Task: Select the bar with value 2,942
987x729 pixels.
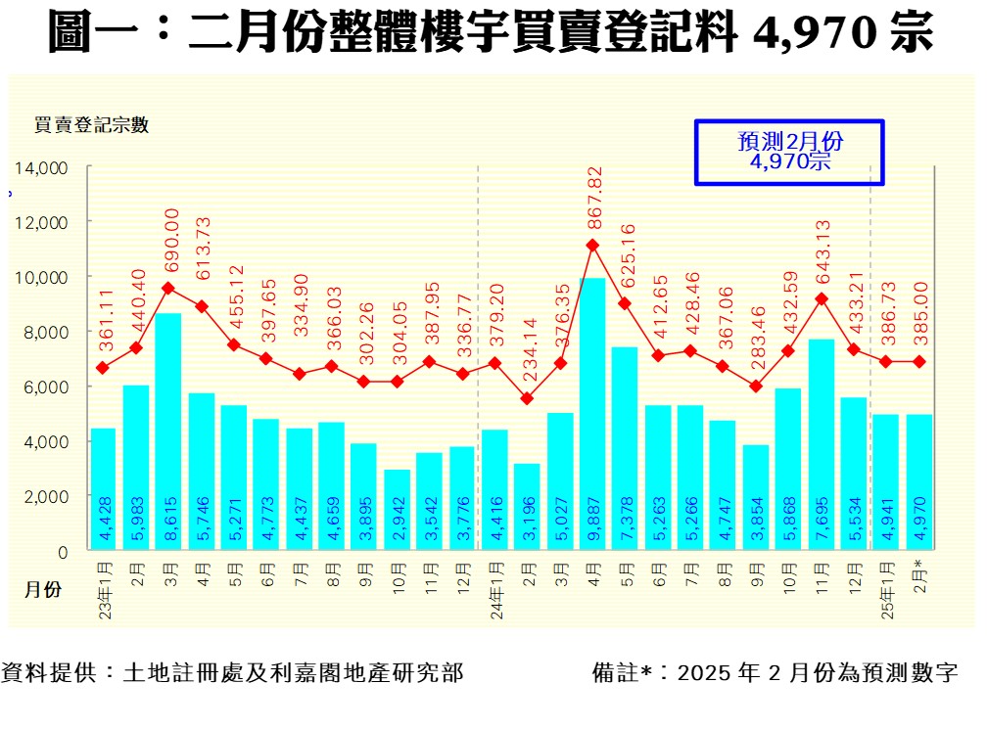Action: pyautogui.click(x=397, y=511)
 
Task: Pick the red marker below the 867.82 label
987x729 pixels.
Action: pyautogui.click(x=592, y=246)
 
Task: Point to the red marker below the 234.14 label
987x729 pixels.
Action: pyautogui.click(x=527, y=398)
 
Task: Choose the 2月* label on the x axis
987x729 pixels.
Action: pyautogui.click(x=918, y=578)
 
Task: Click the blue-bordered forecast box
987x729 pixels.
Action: pyautogui.click(x=789, y=152)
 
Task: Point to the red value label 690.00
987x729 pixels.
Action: pyautogui.click(x=172, y=241)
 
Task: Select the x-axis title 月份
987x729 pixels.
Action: pyautogui.click(x=44, y=590)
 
